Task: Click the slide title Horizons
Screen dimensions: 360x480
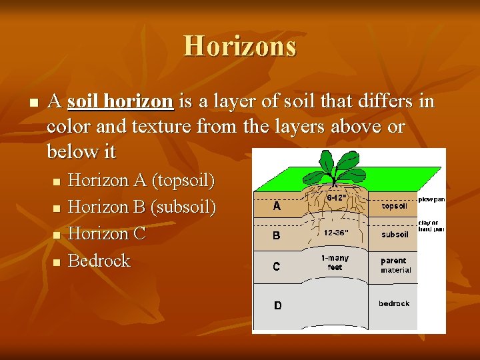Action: pyautogui.click(x=240, y=46)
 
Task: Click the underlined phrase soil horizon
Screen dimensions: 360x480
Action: pyautogui.click(x=121, y=101)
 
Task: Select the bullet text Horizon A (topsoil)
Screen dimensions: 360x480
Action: pyautogui.click(x=141, y=180)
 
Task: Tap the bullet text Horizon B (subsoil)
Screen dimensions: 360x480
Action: pyautogui.click(x=142, y=207)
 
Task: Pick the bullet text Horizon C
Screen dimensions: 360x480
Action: pyautogui.click(x=107, y=233)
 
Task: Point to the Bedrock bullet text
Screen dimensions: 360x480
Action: pyautogui.click(x=99, y=260)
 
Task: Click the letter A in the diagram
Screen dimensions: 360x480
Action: pyautogui.click(x=277, y=207)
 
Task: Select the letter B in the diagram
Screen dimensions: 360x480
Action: pyautogui.click(x=277, y=235)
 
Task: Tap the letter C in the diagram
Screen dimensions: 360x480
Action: pyautogui.click(x=277, y=266)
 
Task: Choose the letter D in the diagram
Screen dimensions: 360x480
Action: pyautogui.click(x=278, y=305)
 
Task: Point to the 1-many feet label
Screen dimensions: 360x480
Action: pyautogui.click(x=335, y=262)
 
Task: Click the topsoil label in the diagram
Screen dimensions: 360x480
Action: pyautogui.click(x=394, y=206)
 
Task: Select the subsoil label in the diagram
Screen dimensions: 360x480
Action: pyautogui.click(x=395, y=235)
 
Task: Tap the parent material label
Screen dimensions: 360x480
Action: pyautogui.click(x=395, y=265)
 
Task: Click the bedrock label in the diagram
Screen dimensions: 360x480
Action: pyautogui.click(x=394, y=303)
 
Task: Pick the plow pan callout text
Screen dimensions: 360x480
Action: pyautogui.click(x=431, y=199)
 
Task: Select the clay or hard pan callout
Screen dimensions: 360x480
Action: pyautogui.click(x=431, y=226)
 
